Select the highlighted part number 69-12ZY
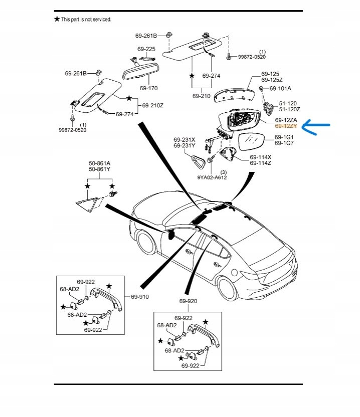286,127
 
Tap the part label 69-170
148,88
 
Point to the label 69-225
146,49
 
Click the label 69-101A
280,89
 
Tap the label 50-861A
99,163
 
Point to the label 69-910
140,297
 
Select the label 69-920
188,301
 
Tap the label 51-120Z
289,109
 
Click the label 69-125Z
272,80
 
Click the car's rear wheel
232,287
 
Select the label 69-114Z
260,163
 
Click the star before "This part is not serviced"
57,19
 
